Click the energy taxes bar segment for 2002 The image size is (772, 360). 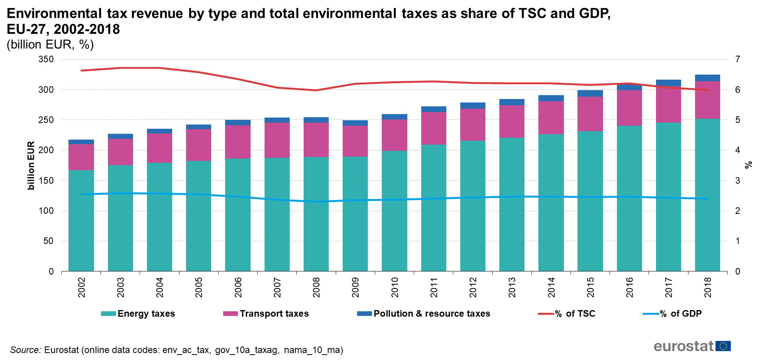pos(81,220)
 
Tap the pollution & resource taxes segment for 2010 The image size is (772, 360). pos(394,117)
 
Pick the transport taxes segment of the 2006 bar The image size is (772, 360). pos(238,142)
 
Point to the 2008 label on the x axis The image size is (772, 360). pos(316,287)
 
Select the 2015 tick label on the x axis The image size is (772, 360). pos(590,287)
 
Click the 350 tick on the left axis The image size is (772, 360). pos(46,59)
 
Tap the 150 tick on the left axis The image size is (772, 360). pos(46,181)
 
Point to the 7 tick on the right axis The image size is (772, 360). pos(738,59)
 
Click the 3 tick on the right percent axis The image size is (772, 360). pos(738,181)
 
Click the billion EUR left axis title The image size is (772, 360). pos(31,165)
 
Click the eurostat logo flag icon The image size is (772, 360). pos(723,346)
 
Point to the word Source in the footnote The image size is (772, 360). pos(26,350)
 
